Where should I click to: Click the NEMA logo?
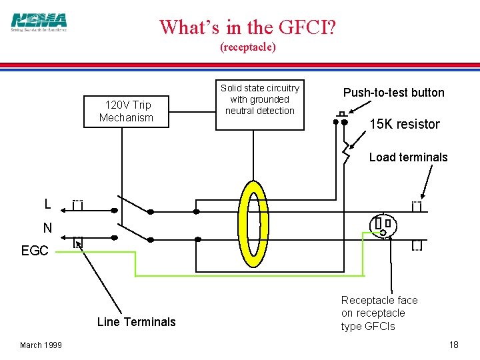pyautogui.click(x=39, y=22)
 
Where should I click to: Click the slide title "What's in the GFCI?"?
pyautogui.click(x=248, y=27)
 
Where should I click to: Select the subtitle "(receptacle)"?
pyautogui.click(x=248, y=47)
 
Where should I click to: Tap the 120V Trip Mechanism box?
pyautogui.click(x=127, y=111)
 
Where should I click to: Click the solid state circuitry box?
pyautogui.click(x=260, y=100)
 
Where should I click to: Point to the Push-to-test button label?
pyautogui.click(x=393, y=93)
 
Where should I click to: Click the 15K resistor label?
pyautogui.click(x=405, y=124)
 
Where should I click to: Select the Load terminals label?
pyautogui.click(x=408, y=157)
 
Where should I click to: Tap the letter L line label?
pyautogui.click(x=47, y=204)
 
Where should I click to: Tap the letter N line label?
pyautogui.click(x=47, y=228)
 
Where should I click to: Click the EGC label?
pyautogui.click(x=35, y=251)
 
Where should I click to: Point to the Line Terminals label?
pyautogui.click(x=136, y=322)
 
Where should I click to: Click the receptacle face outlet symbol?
pyautogui.click(x=383, y=225)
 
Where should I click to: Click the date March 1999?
pyautogui.click(x=41, y=345)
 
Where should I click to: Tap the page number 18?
pyautogui.click(x=453, y=345)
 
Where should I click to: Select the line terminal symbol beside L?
pyautogui.click(x=77, y=205)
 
